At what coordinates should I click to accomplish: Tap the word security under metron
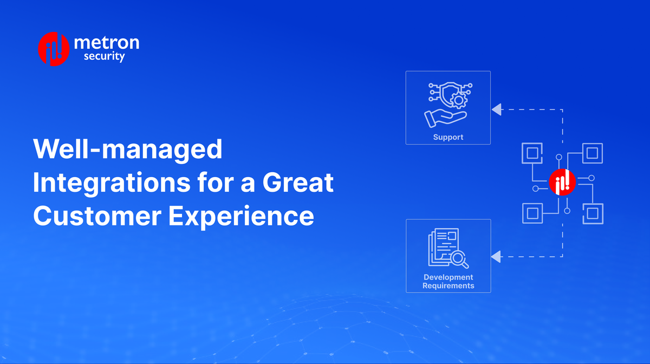coord(103,56)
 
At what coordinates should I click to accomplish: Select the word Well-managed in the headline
coord(128,149)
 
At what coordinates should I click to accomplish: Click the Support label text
coord(448,137)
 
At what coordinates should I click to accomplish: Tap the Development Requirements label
coord(448,281)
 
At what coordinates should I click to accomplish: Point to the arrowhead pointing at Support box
coord(496,110)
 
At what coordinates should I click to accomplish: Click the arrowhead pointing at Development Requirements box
coord(496,256)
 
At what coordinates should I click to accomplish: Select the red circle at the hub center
coord(562,183)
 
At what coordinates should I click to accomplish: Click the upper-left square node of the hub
coord(532,153)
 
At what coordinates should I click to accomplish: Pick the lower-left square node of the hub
coord(532,213)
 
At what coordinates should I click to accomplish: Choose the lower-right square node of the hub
coord(593,213)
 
